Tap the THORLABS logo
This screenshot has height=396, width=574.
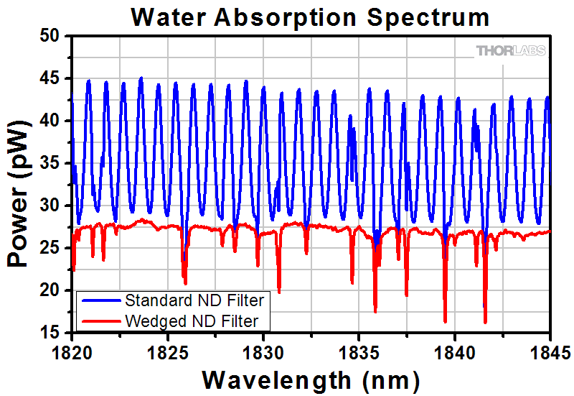(511, 50)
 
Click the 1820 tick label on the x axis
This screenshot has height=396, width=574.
(72, 352)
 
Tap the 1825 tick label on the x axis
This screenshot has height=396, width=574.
(168, 352)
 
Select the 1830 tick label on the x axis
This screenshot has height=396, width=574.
(263, 352)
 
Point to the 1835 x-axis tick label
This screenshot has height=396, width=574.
(359, 352)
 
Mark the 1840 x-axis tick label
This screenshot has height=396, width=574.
(455, 352)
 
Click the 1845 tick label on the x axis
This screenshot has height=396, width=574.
(550, 352)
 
